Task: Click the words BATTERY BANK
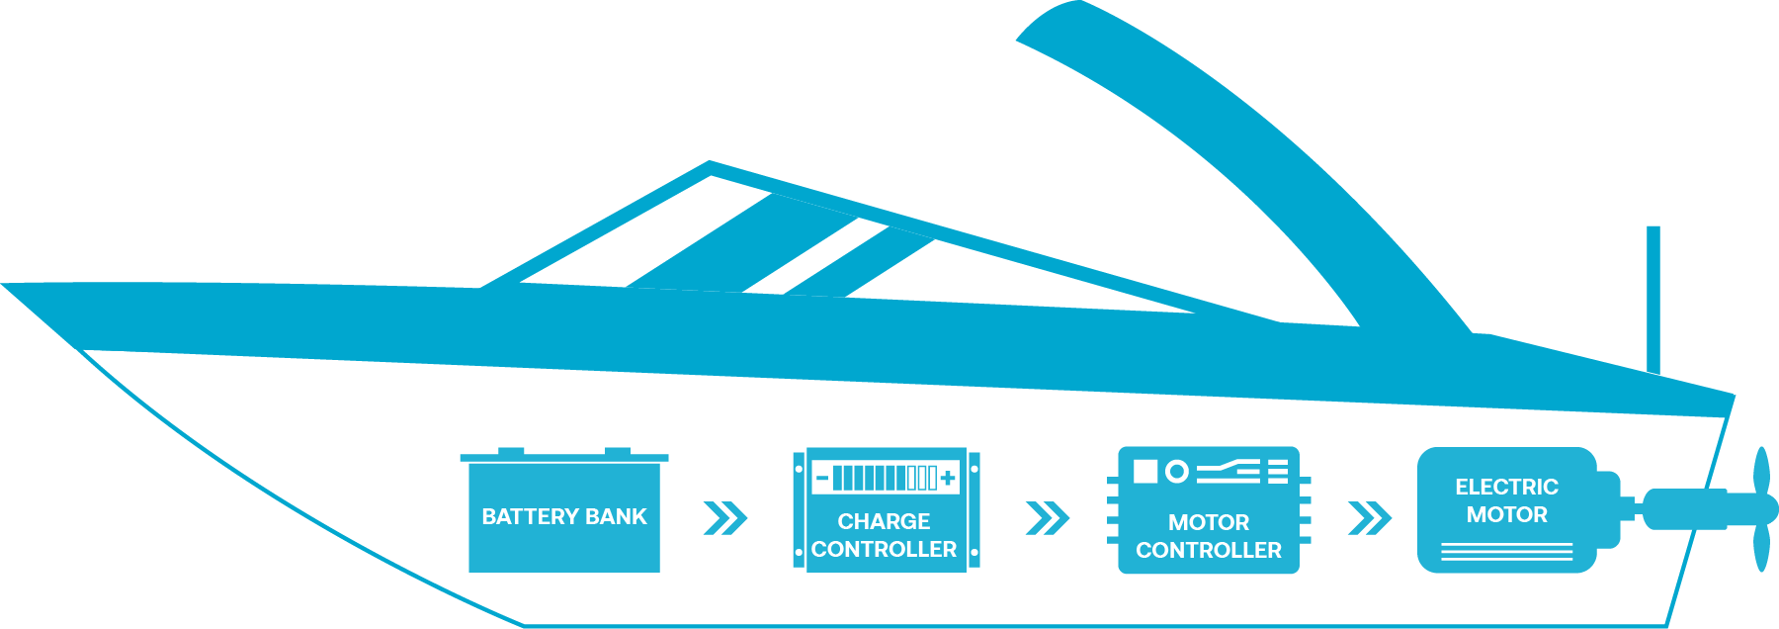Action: pyautogui.click(x=564, y=516)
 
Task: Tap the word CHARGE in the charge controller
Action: pyautogui.click(x=884, y=521)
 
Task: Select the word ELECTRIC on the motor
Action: pyautogui.click(x=1506, y=487)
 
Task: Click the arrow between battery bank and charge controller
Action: pyautogui.click(x=725, y=517)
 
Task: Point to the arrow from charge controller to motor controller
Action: pyautogui.click(x=1048, y=517)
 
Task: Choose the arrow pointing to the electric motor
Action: pyautogui.click(x=1370, y=517)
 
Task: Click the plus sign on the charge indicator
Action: pyautogui.click(x=948, y=479)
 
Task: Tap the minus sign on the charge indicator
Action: pyautogui.click(x=822, y=479)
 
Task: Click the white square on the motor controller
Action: pyautogui.click(x=1145, y=471)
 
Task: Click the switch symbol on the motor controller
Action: pyautogui.click(x=1228, y=471)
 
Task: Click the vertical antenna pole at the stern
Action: pyautogui.click(x=1652, y=300)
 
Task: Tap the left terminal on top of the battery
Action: pyautogui.click(x=511, y=451)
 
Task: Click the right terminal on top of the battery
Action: pyautogui.click(x=618, y=451)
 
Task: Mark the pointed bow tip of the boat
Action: pyautogui.click(x=3, y=285)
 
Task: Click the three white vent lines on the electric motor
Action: pyautogui.click(x=1506, y=552)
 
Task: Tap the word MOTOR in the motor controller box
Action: pyautogui.click(x=1208, y=522)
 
